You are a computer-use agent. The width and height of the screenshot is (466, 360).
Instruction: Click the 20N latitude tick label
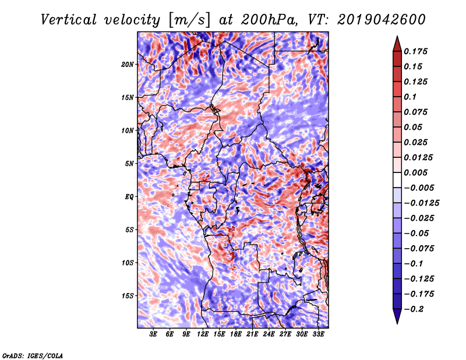128,65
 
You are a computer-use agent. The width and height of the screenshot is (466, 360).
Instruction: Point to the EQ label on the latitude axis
129,197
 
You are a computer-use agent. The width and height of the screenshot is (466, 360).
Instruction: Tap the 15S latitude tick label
128,296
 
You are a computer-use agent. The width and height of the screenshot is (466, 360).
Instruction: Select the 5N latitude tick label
129,164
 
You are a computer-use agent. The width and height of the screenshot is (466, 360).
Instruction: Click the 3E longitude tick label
153,334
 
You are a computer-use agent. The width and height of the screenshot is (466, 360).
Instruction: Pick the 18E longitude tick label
236,334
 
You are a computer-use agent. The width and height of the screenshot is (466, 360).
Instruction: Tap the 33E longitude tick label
318,334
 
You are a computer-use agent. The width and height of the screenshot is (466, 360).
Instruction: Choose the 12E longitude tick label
203,334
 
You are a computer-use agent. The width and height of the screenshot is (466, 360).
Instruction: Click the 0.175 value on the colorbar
415,51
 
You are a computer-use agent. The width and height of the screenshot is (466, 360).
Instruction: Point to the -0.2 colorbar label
414,309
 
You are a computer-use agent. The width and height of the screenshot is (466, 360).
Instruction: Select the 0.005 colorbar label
415,172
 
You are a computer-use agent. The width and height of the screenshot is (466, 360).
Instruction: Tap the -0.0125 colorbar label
421,203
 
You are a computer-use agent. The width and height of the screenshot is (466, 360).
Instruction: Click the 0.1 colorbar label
410,97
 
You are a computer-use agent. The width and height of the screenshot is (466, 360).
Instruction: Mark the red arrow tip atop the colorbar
397,36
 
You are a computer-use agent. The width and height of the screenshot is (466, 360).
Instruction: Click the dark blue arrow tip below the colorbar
397,323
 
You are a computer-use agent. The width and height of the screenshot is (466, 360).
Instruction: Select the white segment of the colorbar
397,180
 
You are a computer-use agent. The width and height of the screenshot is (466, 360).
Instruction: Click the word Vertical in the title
69,20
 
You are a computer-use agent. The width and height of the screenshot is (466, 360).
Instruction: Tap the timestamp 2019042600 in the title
382,20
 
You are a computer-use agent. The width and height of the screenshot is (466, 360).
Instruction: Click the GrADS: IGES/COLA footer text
33,355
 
